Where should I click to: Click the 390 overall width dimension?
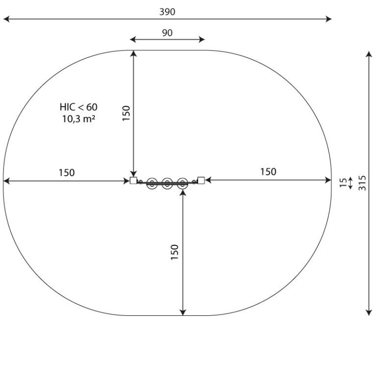coord(167,12)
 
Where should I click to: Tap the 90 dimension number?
coord(167,33)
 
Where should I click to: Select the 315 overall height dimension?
coord(362,183)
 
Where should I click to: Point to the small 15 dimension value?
coord(343,183)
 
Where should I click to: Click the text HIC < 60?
coord(79,107)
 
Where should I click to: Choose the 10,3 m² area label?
coord(79,118)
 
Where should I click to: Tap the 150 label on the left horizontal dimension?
coord(67,173)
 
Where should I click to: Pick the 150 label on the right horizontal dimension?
coord(268,172)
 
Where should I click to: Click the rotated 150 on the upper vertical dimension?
coord(126,113)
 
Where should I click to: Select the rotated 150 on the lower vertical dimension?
coord(175,252)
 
